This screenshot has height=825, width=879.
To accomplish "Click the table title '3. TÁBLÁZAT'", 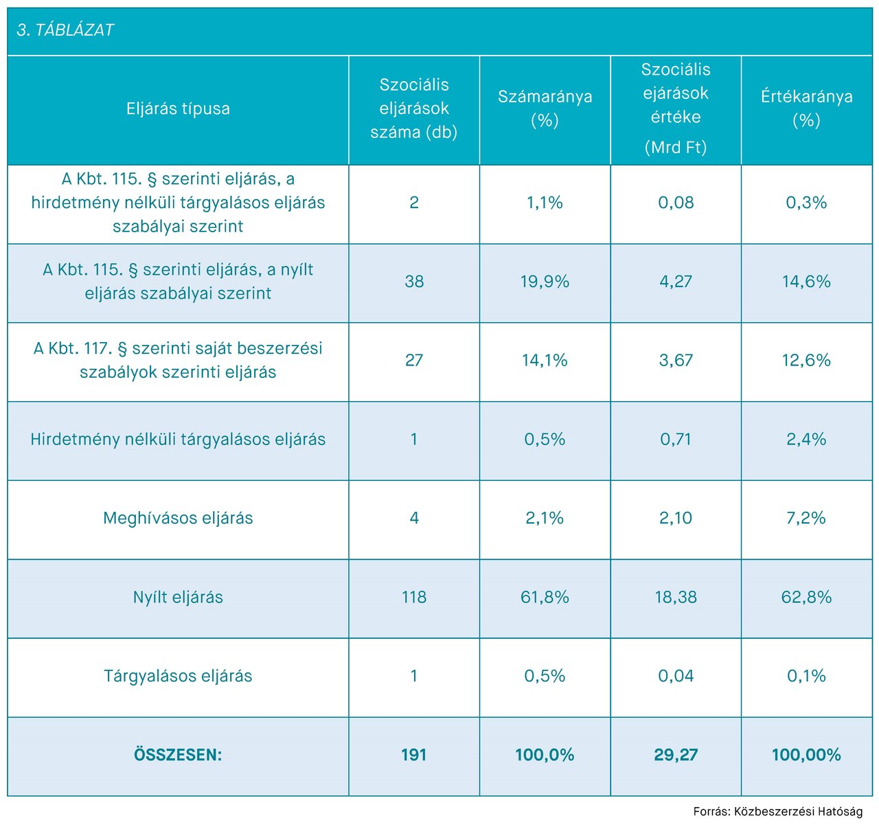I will tap(65, 30).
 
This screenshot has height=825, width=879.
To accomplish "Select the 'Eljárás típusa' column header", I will tap(178, 109).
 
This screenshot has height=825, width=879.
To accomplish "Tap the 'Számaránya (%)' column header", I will tap(545, 109).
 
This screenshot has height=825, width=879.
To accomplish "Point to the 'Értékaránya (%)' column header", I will tap(806, 109).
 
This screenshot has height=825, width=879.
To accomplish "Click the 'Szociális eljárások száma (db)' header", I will tap(413, 109).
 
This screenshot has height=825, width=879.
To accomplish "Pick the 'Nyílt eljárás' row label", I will tap(178, 597).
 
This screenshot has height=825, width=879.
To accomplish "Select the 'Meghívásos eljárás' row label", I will tap(178, 518).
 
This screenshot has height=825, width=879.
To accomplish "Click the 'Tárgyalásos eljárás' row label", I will tap(178, 676).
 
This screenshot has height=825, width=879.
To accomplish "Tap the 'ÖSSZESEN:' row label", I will tap(178, 755).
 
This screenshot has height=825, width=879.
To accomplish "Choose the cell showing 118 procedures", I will tap(413, 597).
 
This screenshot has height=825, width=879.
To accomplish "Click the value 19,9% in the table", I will tap(545, 282).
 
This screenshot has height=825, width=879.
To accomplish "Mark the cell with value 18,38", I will tap(676, 597).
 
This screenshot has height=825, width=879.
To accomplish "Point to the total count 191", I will tap(413, 755).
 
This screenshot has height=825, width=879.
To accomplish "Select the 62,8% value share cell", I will tap(806, 597).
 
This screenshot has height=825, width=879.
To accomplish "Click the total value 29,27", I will tap(676, 755).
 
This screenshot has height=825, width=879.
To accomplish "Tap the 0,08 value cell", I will tap(676, 203).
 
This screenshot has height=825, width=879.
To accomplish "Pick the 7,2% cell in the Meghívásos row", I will tap(806, 518).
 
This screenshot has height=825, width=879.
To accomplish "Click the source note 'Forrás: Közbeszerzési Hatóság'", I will tap(777, 811).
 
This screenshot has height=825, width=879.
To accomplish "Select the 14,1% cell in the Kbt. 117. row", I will tap(545, 360).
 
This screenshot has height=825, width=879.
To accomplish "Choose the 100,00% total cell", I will tap(806, 755).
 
